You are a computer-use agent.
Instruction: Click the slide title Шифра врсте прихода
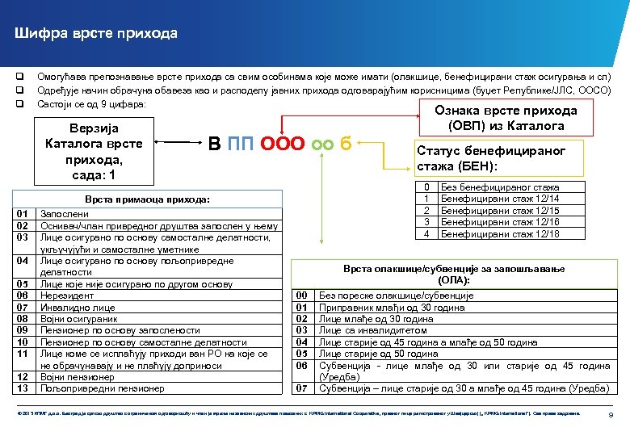coord(95,34)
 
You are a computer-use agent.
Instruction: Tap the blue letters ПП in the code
coord(241,145)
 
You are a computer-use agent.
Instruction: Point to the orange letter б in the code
coord(346,145)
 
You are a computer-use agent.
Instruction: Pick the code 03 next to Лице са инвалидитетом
coord(301,330)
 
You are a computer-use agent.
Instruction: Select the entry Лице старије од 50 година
coord(378,353)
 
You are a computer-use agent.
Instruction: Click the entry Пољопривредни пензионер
coord(103,388)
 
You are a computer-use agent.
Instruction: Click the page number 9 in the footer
coord(610,414)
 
